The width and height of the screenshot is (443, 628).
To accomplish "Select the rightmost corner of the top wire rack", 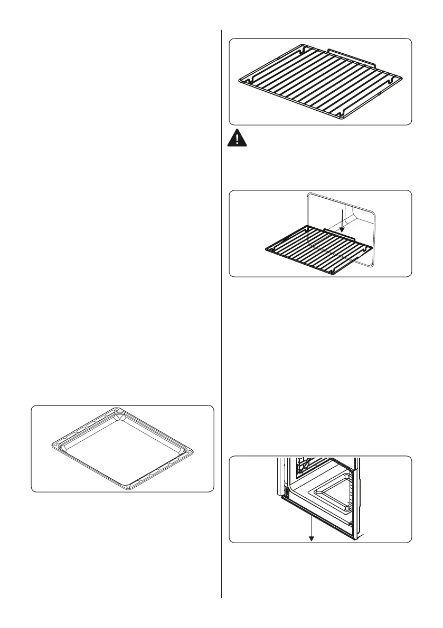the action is (x=402, y=79).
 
